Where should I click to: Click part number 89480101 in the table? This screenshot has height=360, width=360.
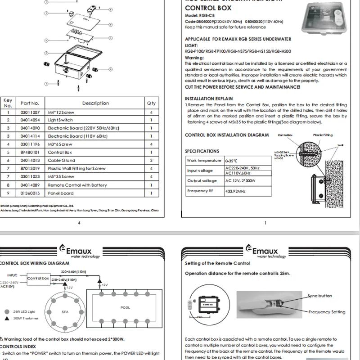tap(30, 153)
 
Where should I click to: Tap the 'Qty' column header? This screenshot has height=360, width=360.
tap(151, 103)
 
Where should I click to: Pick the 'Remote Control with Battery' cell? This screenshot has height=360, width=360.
tap(77, 185)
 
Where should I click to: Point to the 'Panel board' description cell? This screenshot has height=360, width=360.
tap(61, 193)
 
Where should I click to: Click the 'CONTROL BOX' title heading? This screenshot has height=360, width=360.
tap(208, 8)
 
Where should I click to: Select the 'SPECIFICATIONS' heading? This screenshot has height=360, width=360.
tap(202, 151)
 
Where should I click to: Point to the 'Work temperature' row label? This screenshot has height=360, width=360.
tap(204, 161)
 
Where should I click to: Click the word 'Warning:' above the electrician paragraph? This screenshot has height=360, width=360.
tap(194, 58)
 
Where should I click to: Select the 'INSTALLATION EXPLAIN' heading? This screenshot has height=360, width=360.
tap(209, 99)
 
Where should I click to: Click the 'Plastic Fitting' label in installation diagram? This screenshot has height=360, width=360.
tap(323, 135)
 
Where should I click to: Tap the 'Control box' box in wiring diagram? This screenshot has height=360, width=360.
tap(38, 278)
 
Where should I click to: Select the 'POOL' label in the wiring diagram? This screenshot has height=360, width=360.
tap(125, 308)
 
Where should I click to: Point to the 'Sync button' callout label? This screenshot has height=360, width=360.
tap(319, 296)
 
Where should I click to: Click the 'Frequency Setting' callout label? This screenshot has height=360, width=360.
tap(327, 312)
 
